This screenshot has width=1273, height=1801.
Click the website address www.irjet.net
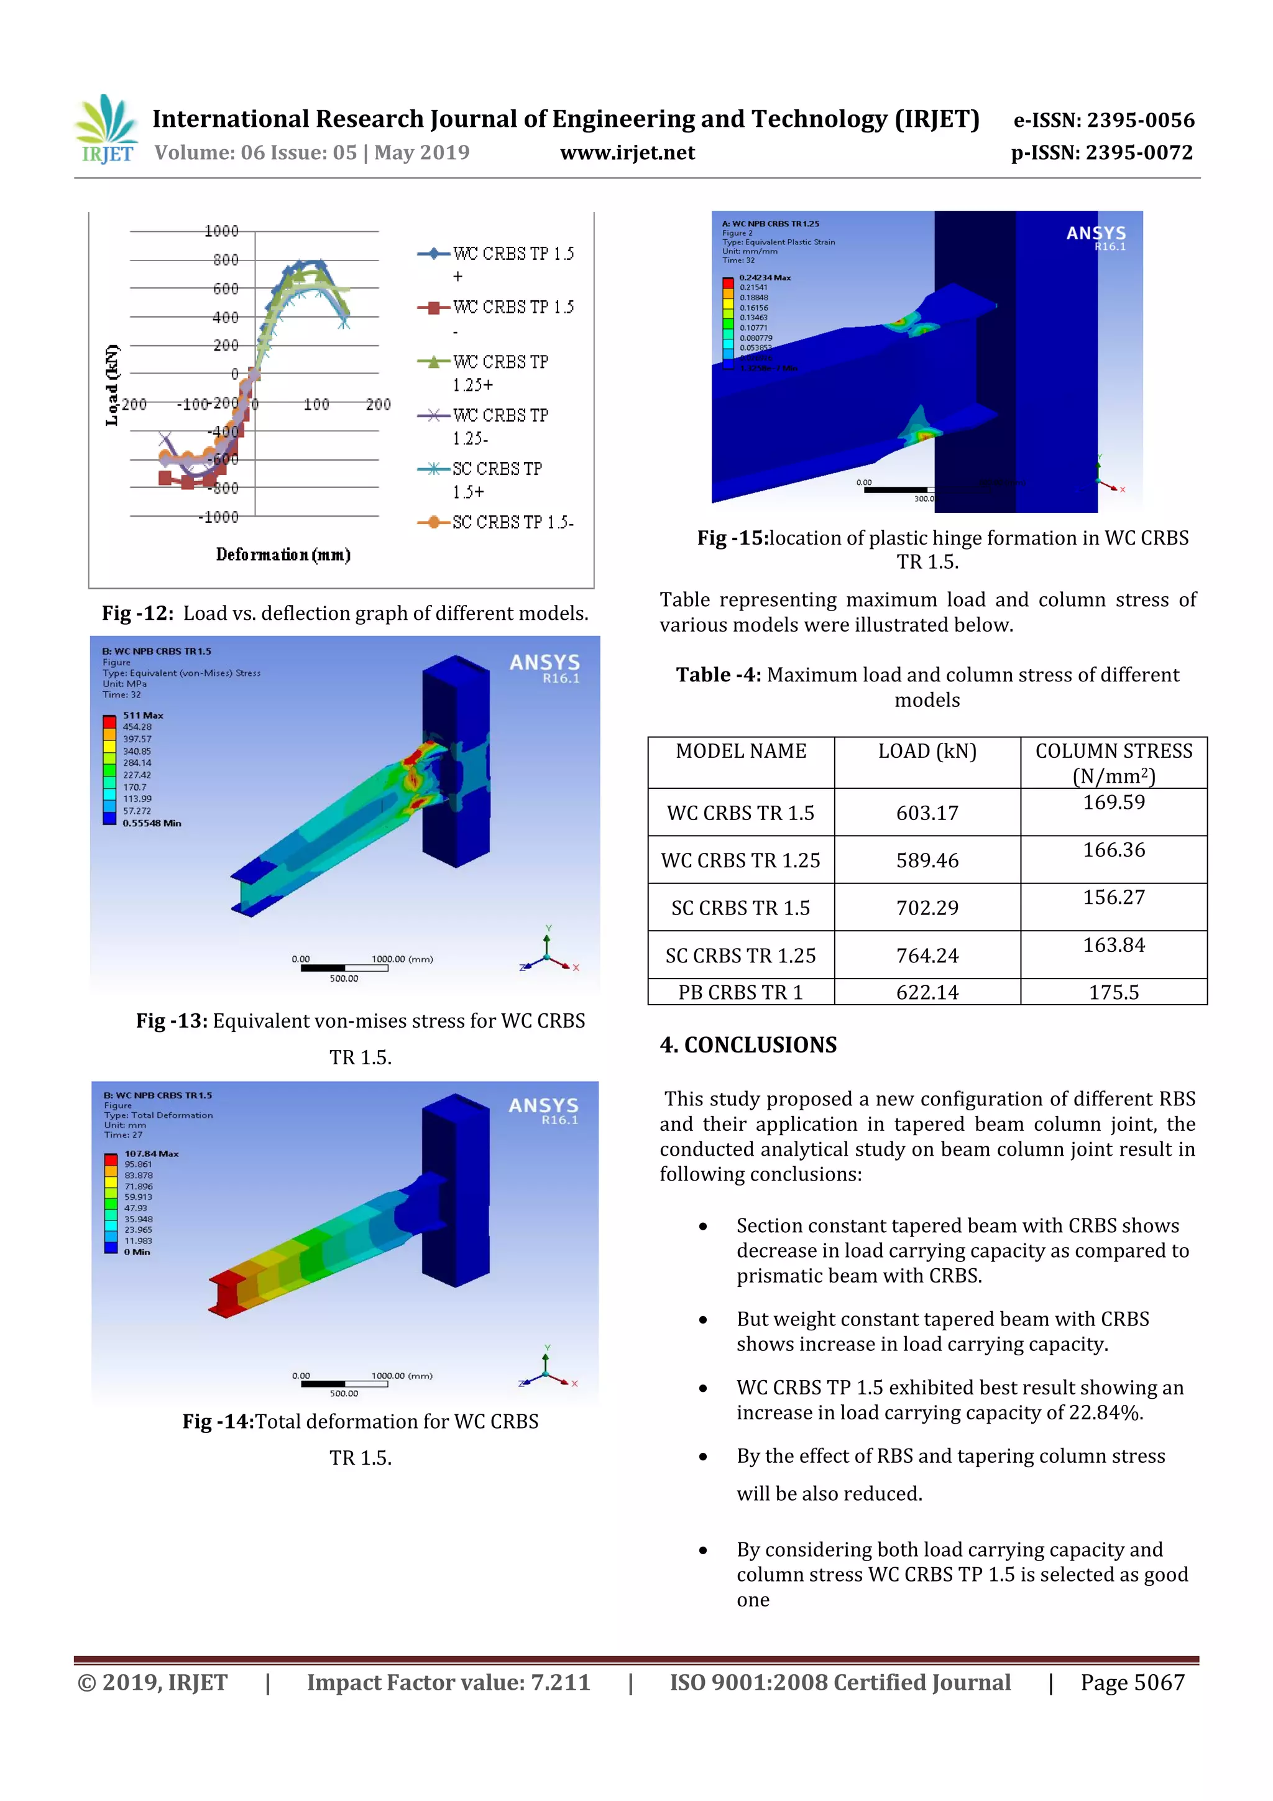click(627, 153)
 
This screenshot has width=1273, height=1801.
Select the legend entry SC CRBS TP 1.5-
click(512, 522)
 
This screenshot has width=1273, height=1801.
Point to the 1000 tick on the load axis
click(221, 231)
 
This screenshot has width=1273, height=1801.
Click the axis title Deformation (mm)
click(283, 555)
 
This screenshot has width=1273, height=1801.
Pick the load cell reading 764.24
click(927, 956)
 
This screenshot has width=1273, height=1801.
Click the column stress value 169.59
click(1114, 803)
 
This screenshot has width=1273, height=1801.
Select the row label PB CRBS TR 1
click(740, 992)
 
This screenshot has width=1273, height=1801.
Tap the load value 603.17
click(927, 813)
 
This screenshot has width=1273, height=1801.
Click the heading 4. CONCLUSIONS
click(748, 1045)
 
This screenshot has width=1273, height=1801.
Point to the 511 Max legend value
click(143, 716)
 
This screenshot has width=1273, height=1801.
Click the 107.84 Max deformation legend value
click(152, 1154)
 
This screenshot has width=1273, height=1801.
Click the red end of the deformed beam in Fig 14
click(227, 1292)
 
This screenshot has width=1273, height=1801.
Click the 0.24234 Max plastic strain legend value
click(765, 278)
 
